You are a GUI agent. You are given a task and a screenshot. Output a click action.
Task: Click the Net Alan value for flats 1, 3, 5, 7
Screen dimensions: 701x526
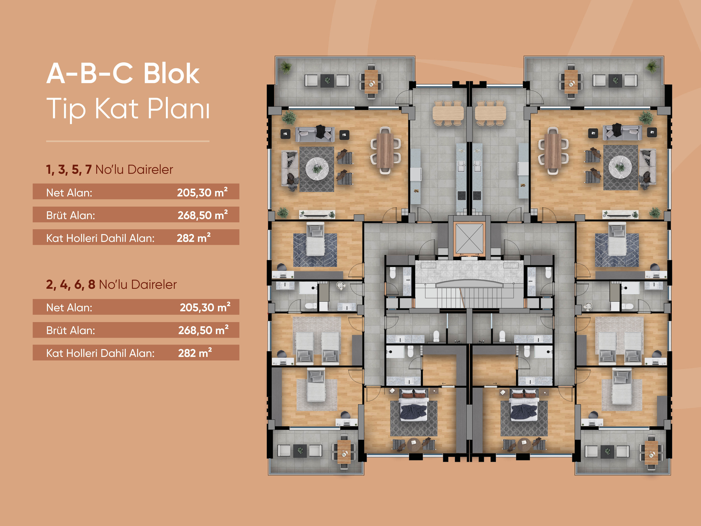coord(202,192)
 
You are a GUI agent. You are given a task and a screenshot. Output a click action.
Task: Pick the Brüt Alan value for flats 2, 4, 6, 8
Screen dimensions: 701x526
coord(203,330)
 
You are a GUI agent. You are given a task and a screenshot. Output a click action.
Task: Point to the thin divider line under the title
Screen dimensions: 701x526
coord(128,141)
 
